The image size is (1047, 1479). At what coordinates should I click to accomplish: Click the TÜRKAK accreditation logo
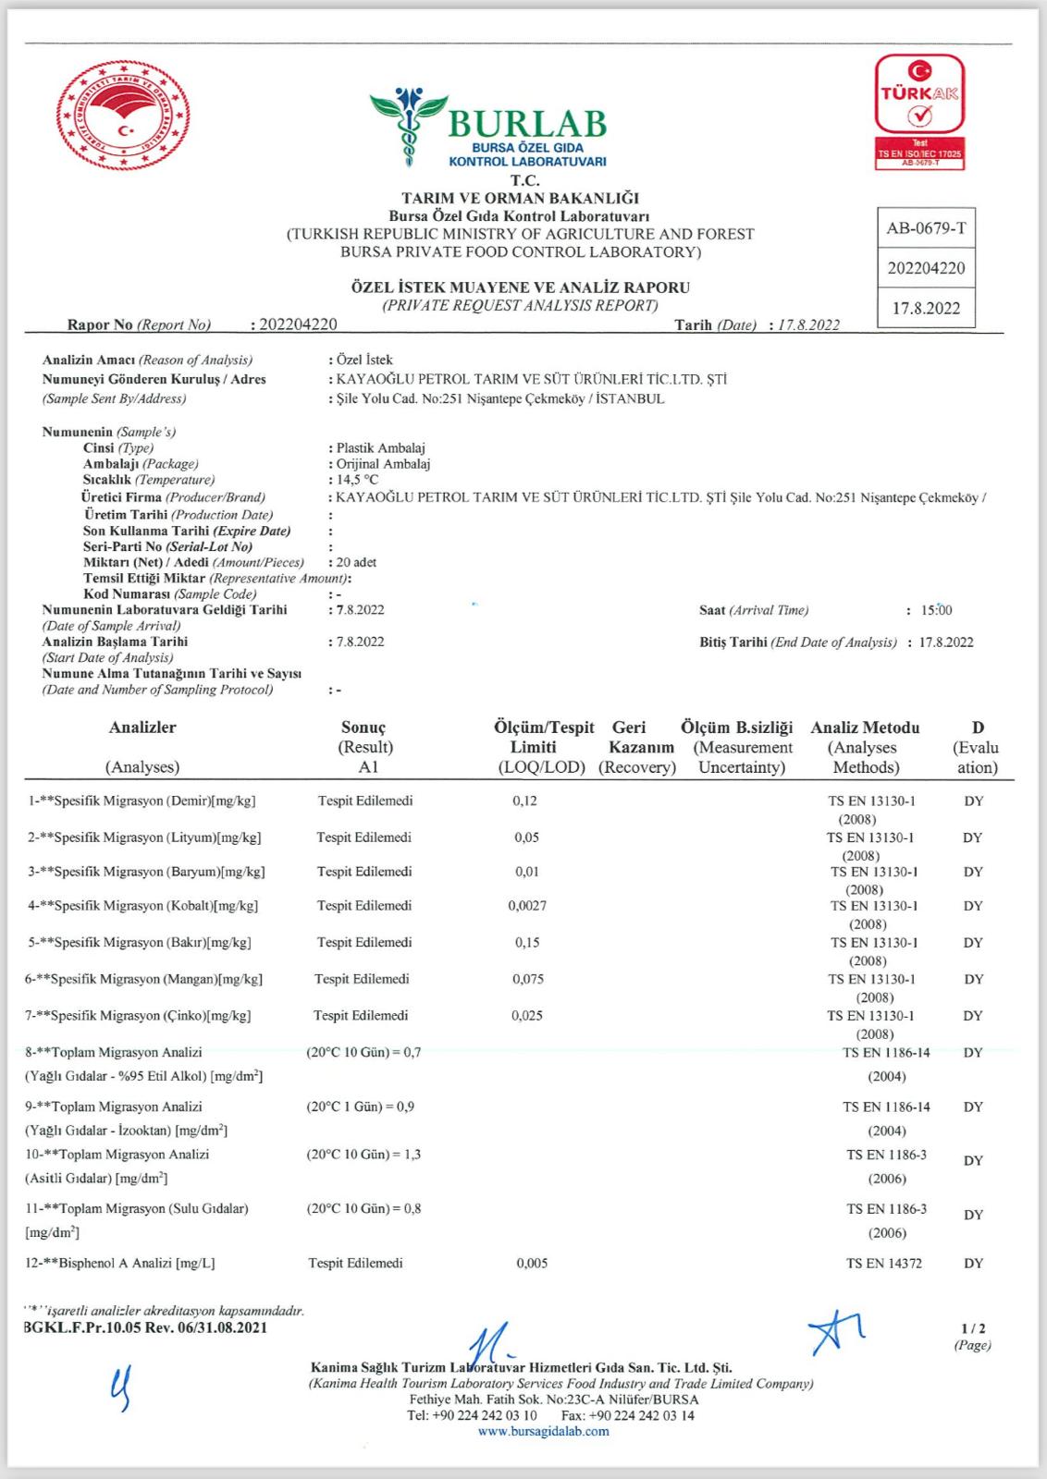click(919, 111)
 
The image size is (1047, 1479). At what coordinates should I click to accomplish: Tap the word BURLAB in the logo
click(527, 123)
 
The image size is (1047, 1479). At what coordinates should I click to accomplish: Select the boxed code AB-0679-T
click(926, 228)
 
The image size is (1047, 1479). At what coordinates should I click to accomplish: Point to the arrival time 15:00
click(936, 610)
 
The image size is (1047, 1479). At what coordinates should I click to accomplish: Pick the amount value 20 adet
click(356, 562)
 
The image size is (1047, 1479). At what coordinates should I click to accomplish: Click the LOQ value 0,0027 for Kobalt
click(527, 906)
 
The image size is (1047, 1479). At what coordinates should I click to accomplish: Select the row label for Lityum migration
click(144, 837)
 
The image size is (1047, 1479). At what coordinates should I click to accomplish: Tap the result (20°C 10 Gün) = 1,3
click(363, 1155)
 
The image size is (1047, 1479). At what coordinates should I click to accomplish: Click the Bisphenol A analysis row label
click(120, 1263)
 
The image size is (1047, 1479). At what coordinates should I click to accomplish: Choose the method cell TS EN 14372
click(883, 1263)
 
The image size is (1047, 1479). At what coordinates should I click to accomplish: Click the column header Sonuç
click(363, 727)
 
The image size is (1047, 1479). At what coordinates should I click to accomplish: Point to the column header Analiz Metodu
click(865, 727)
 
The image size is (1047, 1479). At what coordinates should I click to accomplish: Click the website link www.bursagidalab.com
click(544, 1432)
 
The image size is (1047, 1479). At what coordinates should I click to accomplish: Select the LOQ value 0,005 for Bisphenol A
click(532, 1263)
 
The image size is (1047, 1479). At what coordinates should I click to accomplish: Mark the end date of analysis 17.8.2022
click(945, 642)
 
